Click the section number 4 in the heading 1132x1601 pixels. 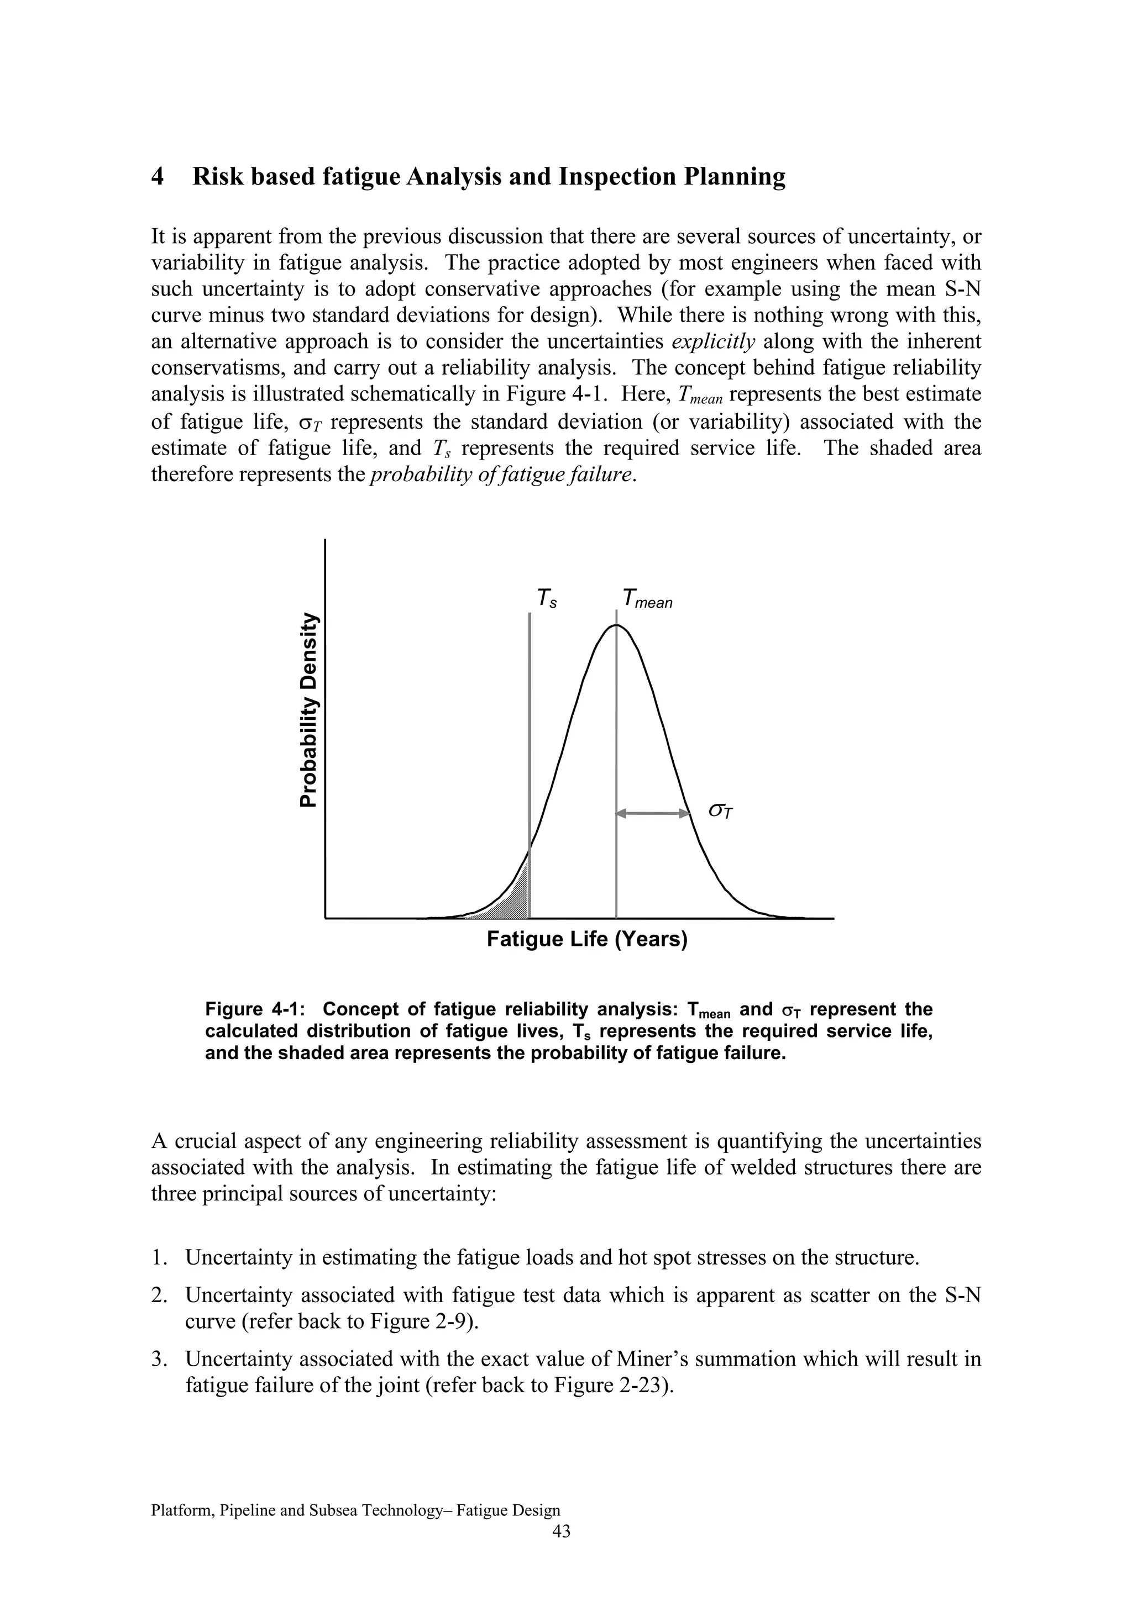click(x=158, y=177)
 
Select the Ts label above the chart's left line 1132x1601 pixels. click(x=546, y=598)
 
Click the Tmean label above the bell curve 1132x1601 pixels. click(x=647, y=598)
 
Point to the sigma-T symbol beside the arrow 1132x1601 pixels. click(x=721, y=811)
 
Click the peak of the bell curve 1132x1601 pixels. click(x=616, y=626)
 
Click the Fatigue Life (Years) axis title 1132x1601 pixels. click(x=586, y=939)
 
